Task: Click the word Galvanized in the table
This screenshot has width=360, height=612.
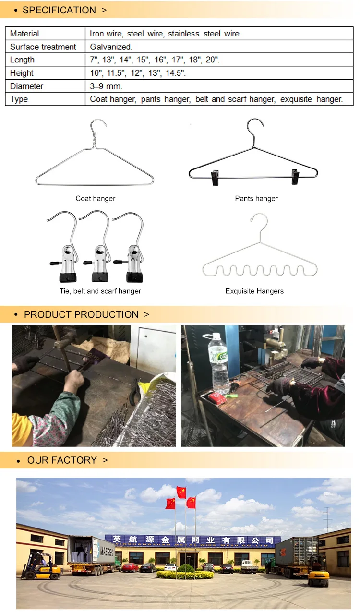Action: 111,47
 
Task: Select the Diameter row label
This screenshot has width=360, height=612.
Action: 26,86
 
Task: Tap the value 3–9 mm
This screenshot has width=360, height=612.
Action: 106,86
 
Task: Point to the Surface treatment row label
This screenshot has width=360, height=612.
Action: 43,47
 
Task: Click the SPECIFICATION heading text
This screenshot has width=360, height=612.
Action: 59,10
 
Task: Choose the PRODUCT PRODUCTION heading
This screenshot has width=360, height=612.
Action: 81,314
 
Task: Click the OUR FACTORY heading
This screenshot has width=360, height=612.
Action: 62,460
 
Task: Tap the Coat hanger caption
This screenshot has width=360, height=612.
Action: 95,198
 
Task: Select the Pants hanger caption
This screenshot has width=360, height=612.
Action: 256,198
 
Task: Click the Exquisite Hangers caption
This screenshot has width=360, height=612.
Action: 254,291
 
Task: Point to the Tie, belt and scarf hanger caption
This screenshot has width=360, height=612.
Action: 100,291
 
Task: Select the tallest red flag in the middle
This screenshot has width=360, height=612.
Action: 181,492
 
